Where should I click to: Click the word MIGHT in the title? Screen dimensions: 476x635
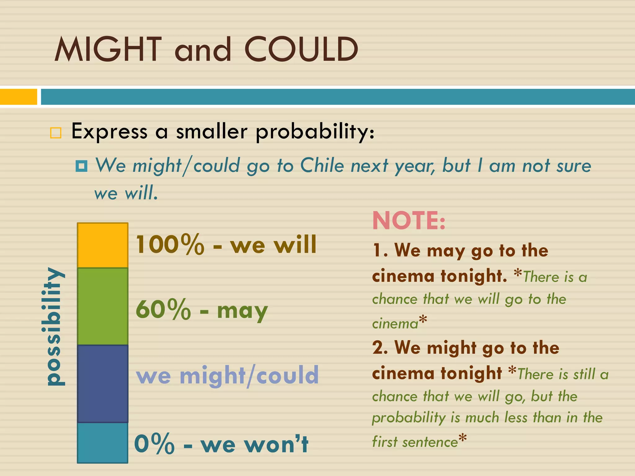(x=108, y=50)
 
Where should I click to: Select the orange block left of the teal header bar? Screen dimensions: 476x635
(x=18, y=97)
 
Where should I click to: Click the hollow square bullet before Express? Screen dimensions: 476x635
(x=56, y=133)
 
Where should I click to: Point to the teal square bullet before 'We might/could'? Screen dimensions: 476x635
(x=81, y=166)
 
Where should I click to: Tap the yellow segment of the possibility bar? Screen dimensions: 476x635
(x=103, y=245)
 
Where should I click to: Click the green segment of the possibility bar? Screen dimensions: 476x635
(x=103, y=306)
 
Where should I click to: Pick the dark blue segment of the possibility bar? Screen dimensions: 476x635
(x=103, y=384)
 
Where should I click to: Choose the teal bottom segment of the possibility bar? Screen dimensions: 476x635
(x=103, y=443)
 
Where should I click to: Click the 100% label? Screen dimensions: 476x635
(x=170, y=245)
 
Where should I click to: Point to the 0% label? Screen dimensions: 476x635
(x=154, y=444)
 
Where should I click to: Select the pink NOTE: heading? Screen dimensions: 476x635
(x=409, y=221)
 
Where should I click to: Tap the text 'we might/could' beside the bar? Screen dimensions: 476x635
(x=227, y=375)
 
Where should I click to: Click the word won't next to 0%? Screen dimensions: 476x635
(x=276, y=444)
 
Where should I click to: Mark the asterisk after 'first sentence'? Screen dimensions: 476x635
(x=462, y=438)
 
